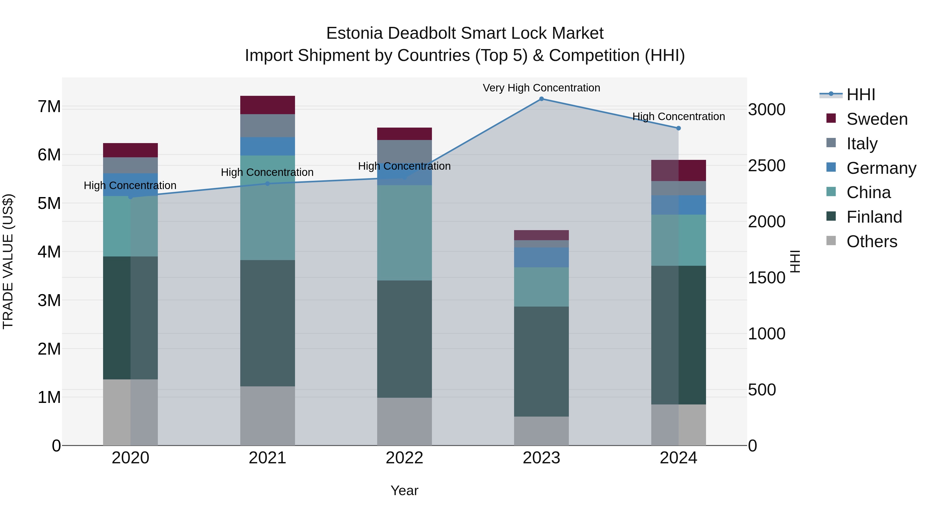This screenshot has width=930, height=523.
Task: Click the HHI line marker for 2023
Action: pos(541,99)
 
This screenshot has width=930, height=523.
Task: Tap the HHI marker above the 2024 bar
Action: pos(678,128)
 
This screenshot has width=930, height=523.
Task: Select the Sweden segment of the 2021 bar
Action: pos(268,105)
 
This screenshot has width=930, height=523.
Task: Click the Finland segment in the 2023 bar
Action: pos(541,361)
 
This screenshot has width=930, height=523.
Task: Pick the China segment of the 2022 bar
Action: pos(404,233)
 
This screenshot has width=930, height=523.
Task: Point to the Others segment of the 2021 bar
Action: pos(268,416)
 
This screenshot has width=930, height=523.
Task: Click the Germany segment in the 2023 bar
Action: pos(541,257)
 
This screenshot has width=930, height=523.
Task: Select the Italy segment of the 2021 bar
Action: pos(268,126)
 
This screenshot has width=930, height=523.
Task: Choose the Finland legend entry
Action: pos(874,217)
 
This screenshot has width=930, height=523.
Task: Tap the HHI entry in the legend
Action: pos(860,95)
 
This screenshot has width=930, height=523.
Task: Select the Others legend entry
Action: pos(872,241)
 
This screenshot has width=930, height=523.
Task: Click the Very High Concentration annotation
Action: pos(541,88)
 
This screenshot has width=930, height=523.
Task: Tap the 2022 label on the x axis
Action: pos(404,458)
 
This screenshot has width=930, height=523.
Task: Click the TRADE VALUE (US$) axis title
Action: pos(8,261)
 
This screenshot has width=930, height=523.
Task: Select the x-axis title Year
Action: pos(404,490)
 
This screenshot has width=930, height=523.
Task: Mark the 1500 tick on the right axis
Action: pos(766,278)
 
